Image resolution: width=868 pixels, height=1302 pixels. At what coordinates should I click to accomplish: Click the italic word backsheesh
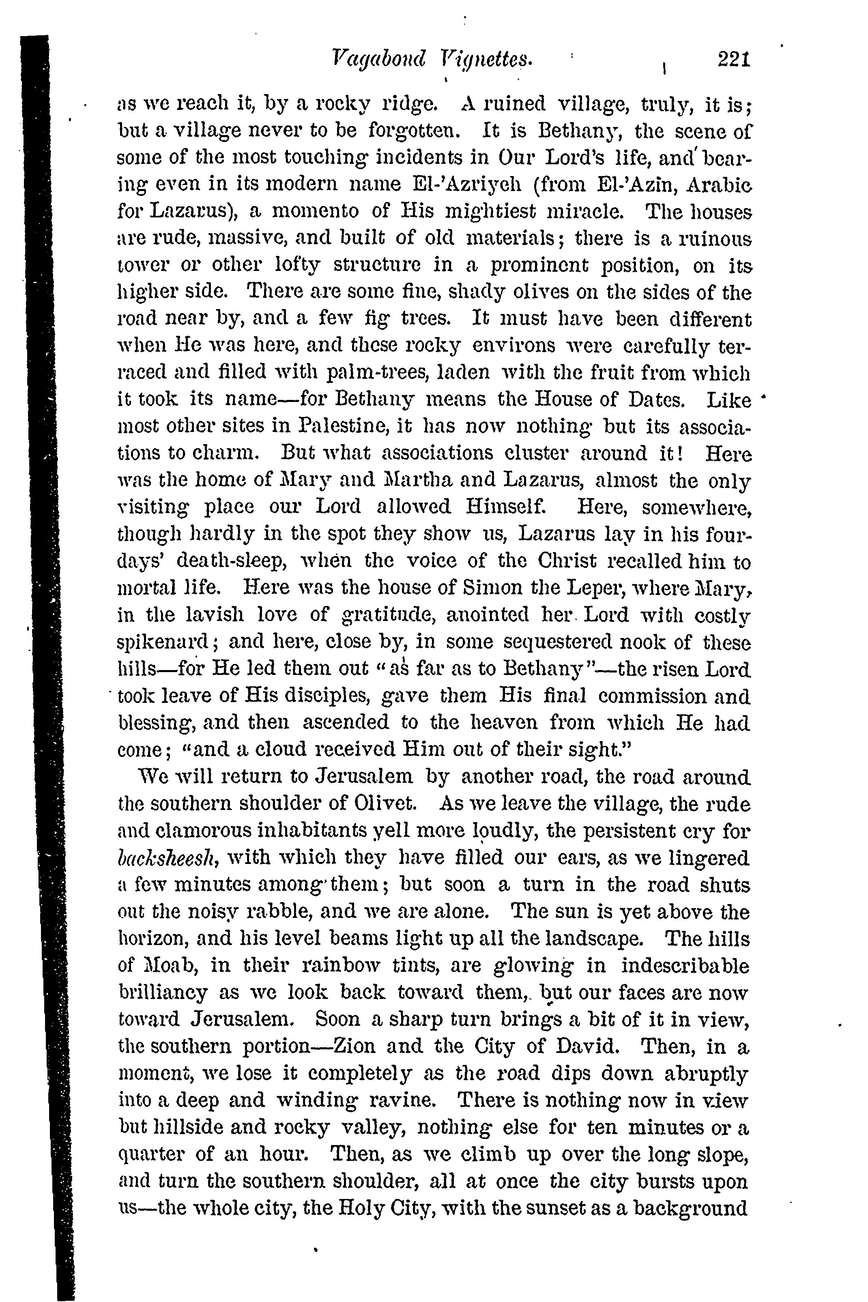(167, 858)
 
